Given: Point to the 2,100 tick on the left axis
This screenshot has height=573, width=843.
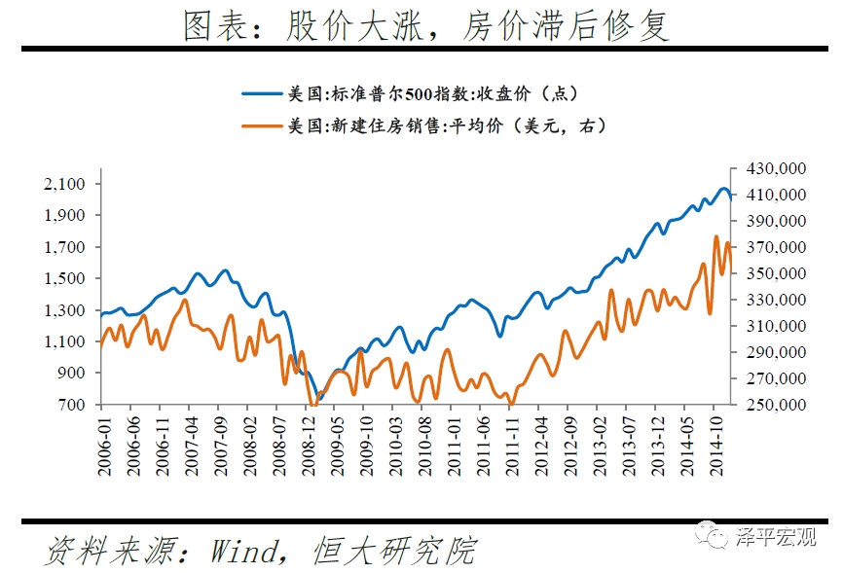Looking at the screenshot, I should [x=67, y=184].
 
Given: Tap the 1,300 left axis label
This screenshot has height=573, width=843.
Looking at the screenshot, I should [x=67, y=310].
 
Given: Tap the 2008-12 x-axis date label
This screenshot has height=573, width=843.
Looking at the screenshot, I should [x=309, y=448].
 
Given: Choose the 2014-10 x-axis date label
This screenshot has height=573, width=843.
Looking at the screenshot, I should [x=715, y=448].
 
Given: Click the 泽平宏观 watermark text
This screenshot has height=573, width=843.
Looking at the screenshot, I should [x=778, y=536].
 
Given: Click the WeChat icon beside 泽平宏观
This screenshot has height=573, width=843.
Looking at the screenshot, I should [x=718, y=536].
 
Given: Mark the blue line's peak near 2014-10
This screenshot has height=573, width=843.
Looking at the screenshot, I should [x=723, y=189].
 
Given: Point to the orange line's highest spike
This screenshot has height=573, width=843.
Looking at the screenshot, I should [x=716, y=236].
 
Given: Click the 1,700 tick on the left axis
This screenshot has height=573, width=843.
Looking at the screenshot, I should [x=67, y=247].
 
